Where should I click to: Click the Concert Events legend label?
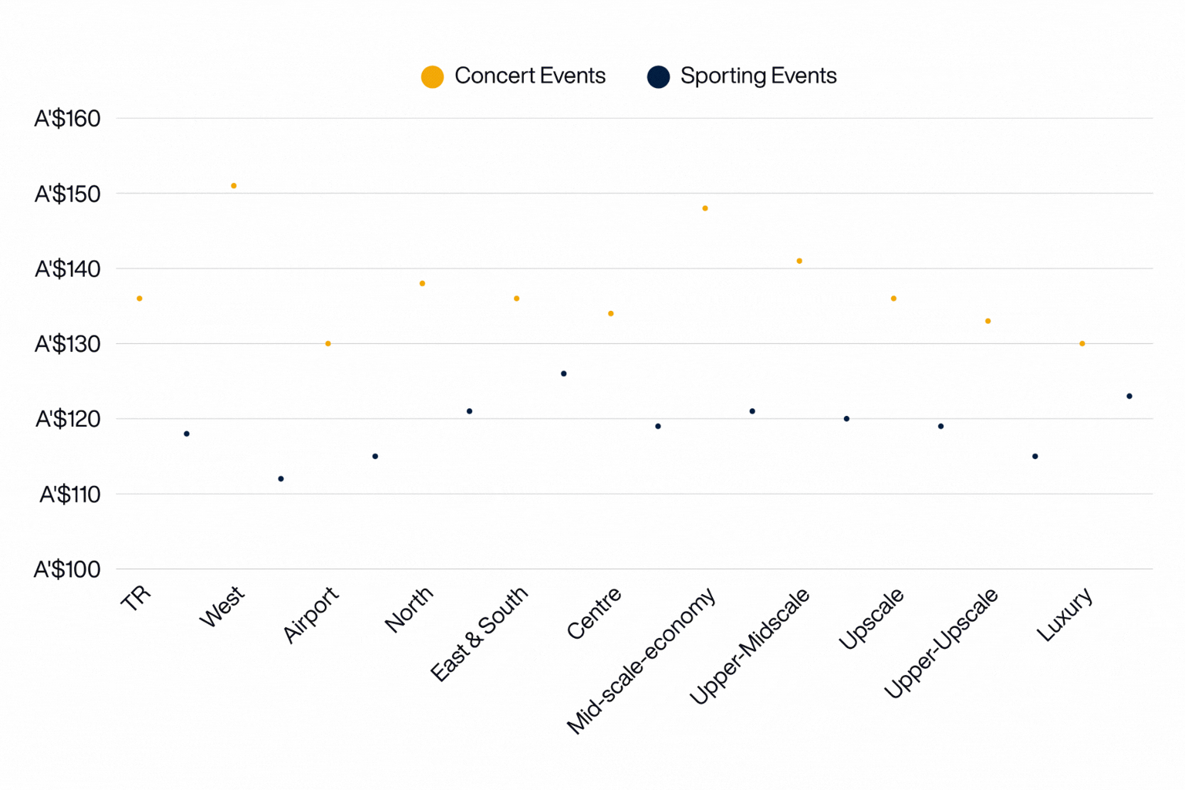pyautogui.click(x=529, y=76)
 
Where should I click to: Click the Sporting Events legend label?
pyautogui.click(x=758, y=76)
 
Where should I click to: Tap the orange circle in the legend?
pyautogui.click(x=432, y=76)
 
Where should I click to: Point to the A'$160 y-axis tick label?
pyautogui.click(x=67, y=118)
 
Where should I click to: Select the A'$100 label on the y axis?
pyautogui.click(x=67, y=569)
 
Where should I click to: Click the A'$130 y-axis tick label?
pyautogui.click(x=67, y=344)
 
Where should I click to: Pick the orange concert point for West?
pyautogui.click(x=234, y=186)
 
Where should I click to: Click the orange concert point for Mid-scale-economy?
pyautogui.click(x=705, y=208)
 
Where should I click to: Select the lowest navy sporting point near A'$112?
pyautogui.click(x=281, y=479)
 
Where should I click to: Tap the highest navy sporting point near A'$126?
pyautogui.click(x=564, y=373)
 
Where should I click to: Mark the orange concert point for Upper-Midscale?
pyautogui.click(x=799, y=261)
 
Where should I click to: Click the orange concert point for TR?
pyautogui.click(x=140, y=299)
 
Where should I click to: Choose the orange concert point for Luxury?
pyautogui.click(x=1082, y=343)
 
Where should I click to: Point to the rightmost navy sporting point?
pyautogui.click(x=1129, y=397)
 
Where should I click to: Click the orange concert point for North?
pyautogui.click(x=422, y=283)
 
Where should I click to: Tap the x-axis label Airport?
pyautogui.click(x=311, y=614)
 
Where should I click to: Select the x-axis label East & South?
pyautogui.click(x=479, y=633)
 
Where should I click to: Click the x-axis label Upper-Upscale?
pyautogui.click(x=940, y=643)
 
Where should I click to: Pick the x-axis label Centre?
pyautogui.click(x=594, y=613)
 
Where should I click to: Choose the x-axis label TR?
pyautogui.click(x=136, y=598)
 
